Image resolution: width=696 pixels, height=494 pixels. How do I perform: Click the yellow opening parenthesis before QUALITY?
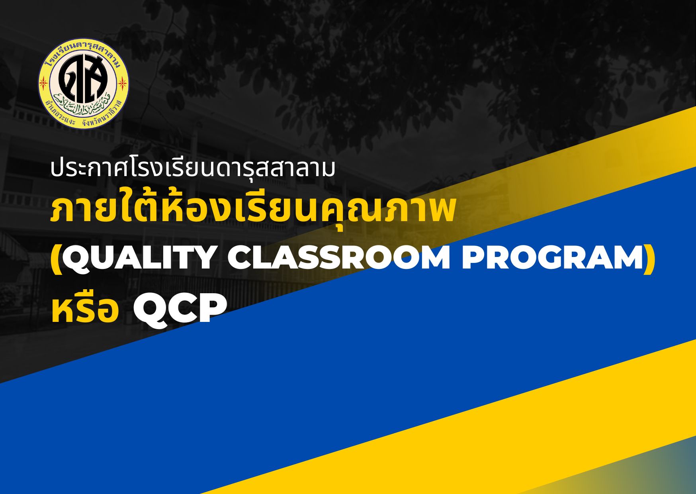(x=56, y=259)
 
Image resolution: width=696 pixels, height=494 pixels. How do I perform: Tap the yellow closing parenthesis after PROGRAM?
(x=649, y=259)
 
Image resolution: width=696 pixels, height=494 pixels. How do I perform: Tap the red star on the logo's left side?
(x=44, y=83)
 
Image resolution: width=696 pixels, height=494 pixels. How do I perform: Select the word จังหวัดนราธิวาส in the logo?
(x=104, y=114)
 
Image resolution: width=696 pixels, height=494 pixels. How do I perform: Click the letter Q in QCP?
(x=149, y=310)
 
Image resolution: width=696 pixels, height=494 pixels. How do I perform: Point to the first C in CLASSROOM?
(x=240, y=259)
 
